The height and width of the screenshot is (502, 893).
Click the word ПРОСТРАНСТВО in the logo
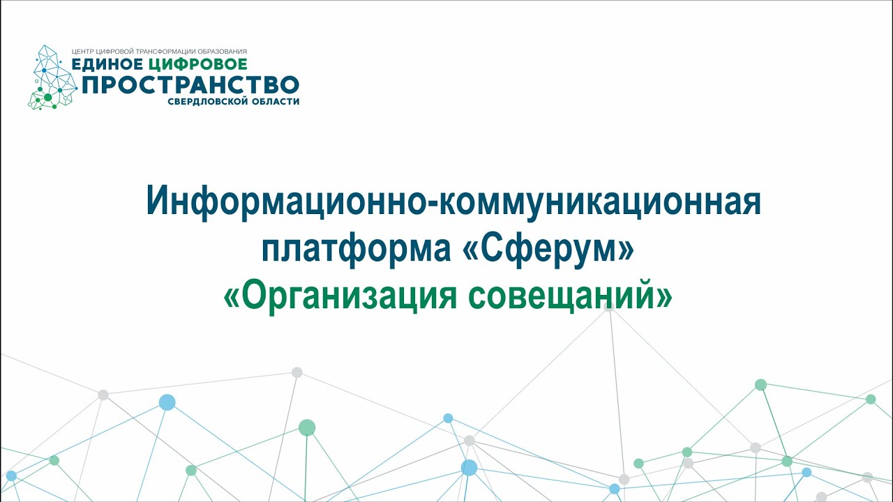coord(190,85)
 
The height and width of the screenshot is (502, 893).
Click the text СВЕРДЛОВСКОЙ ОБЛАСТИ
coord(234,102)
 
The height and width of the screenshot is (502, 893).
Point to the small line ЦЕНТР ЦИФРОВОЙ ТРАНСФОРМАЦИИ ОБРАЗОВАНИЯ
coord(160,52)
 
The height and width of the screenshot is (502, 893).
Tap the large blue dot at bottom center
coord(469,467)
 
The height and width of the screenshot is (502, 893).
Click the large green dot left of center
coord(307,427)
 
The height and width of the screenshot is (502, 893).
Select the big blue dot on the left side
coord(167,402)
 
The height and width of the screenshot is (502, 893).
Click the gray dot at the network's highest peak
coord(609,305)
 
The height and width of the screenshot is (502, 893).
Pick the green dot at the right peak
coord(760,384)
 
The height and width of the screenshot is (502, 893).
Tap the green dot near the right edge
coord(871,399)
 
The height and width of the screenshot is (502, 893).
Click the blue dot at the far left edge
coord(10,476)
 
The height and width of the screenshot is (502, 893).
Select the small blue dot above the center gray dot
coord(448,418)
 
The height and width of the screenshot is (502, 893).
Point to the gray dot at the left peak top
coord(297,372)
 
